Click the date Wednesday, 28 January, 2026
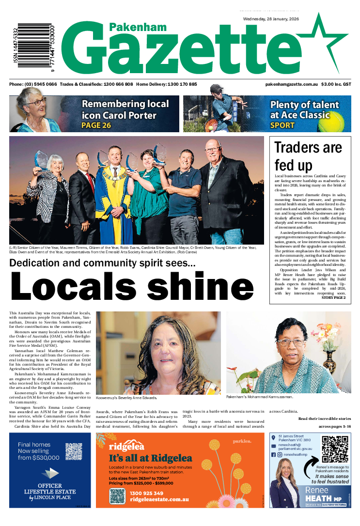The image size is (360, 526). point(271,19)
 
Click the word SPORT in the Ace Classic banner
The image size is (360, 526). point(282,125)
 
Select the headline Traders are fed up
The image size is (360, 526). point(308,155)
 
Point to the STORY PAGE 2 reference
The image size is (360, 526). point(333,297)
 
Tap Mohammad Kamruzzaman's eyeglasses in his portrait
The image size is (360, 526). point(291,342)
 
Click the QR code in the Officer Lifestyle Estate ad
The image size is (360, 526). point(74,451)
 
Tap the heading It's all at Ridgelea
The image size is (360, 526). point(150,458)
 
